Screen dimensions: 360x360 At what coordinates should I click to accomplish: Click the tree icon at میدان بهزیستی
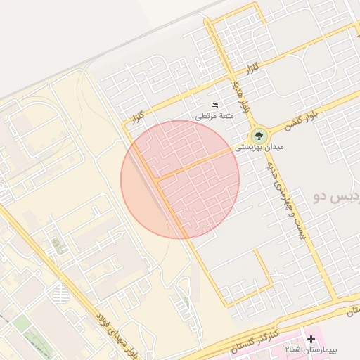pyautogui.click(x=258, y=134)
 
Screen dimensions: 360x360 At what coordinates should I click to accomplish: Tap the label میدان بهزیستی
pyautogui.click(x=240, y=148)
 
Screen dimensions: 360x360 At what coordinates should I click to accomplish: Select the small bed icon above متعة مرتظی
pyautogui.click(x=214, y=105)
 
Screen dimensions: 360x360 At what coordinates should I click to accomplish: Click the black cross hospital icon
pyautogui.click(x=311, y=339)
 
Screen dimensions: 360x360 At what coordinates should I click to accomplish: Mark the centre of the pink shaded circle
pyautogui.click(x=180, y=179)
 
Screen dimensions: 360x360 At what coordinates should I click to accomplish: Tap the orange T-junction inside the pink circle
pyautogui.click(x=159, y=180)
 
